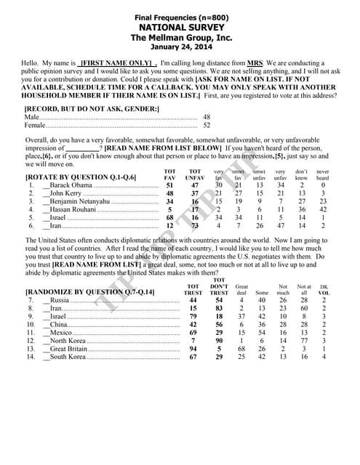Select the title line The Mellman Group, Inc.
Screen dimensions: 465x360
click(x=180, y=38)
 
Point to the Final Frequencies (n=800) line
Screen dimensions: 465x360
click(x=180, y=17)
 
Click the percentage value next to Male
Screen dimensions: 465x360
click(x=207, y=116)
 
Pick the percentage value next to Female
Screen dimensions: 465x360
click(x=207, y=125)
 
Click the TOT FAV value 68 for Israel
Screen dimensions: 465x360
click(x=170, y=217)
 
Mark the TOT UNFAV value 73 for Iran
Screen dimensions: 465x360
click(x=195, y=226)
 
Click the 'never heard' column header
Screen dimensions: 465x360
click(x=322, y=174)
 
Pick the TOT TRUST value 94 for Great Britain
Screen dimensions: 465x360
click(x=193, y=348)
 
